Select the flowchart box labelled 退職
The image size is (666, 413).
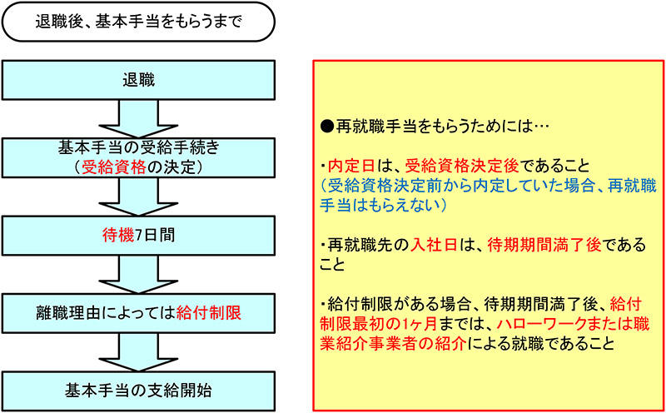click(x=138, y=80)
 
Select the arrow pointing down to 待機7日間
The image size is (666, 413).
click(x=138, y=196)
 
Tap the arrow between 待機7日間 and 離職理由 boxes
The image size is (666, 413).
click(x=138, y=272)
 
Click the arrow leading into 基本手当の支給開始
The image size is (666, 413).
click(x=138, y=348)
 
